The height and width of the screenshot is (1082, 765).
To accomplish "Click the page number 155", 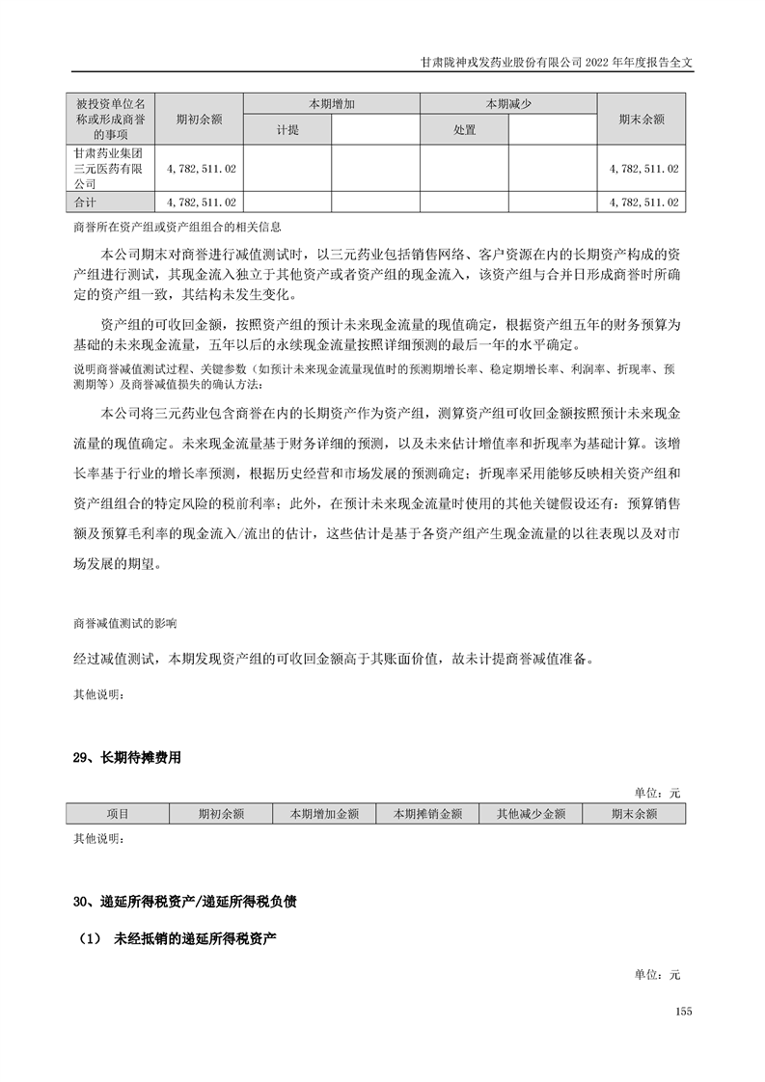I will pyautogui.click(x=684, y=1011).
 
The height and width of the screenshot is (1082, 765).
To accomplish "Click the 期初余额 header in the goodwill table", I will pyautogui.click(x=199, y=119).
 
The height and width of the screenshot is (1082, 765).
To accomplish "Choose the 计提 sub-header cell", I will pyautogui.click(x=287, y=129).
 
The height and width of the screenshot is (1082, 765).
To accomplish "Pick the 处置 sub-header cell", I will pyautogui.click(x=464, y=129).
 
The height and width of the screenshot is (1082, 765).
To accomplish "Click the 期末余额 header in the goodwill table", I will pyautogui.click(x=642, y=119).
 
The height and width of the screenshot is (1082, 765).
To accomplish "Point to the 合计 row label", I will pyautogui.click(x=86, y=202).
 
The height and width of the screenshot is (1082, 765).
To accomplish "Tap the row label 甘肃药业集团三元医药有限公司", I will pyautogui.click(x=107, y=168).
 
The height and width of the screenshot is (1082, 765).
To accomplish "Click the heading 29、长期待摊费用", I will pyautogui.click(x=125, y=758).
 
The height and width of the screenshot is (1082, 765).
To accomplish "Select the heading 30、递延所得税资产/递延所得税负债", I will pyautogui.click(x=184, y=903).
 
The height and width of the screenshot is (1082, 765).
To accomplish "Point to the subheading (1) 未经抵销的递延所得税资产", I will pyautogui.click(x=179, y=937).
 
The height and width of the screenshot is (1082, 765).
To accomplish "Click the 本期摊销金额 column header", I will pyautogui.click(x=427, y=814).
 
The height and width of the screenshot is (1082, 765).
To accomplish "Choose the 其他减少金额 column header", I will pyautogui.click(x=531, y=814).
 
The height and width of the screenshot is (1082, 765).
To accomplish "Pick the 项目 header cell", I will pyautogui.click(x=118, y=814).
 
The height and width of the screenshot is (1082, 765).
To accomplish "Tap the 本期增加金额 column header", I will pyautogui.click(x=324, y=814).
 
